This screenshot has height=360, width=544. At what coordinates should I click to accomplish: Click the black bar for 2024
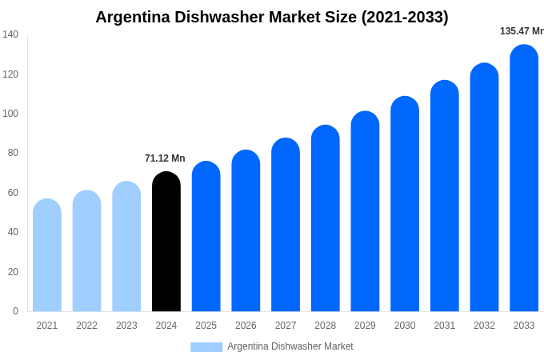(166, 242)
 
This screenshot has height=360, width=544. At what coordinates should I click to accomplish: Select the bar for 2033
(524, 178)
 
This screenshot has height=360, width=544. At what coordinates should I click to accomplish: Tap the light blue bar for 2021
(47, 255)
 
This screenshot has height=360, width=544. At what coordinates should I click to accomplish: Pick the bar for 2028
(325, 218)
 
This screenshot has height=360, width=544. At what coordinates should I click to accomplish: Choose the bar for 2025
(206, 237)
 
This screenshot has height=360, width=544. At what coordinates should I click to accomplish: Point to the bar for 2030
(405, 204)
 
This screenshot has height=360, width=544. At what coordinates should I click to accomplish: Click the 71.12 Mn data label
(165, 158)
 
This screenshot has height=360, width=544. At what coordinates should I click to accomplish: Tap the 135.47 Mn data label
(522, 31)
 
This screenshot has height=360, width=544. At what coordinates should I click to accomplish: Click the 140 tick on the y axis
(10, 34)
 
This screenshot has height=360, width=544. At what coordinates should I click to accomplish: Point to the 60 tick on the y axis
(13, 193)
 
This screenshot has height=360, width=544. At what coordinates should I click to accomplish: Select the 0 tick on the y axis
(15, 311)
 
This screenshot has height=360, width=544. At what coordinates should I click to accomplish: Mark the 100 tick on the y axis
(10, 114)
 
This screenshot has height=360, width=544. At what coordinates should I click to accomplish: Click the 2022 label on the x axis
(86, 326)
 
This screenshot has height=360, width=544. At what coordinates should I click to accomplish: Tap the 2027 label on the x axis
(286, 326)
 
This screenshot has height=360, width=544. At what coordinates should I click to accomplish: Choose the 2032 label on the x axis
(484, 326)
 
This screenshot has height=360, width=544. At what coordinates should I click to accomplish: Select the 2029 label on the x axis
(365, 326)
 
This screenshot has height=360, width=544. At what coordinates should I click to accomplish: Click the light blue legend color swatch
(206, 347)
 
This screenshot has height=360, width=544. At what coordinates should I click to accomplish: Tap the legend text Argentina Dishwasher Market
(290, 346)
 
